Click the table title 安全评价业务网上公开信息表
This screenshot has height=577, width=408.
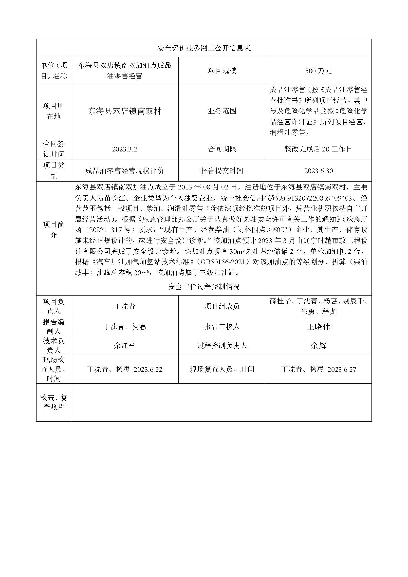(x=204, y=48)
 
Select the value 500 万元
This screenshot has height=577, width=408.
(x=318, y=71)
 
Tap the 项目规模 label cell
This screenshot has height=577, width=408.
(x=222, y=71)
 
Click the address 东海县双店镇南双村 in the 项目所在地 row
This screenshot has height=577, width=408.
(x=125, y=111)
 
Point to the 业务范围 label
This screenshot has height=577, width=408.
(x=222, y=111)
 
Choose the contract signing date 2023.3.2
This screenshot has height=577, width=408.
(x=125, y=149)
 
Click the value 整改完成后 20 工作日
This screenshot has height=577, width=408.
(x=318, y=149)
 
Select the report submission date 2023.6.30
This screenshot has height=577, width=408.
(x=318, y=171)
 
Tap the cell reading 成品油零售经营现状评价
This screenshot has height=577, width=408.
(x=125, y=171)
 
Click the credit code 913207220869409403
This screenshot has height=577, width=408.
(x=319, y=198)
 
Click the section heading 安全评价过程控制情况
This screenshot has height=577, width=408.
(x=204, y=287)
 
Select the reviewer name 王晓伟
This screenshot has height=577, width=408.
(x=318, y=327)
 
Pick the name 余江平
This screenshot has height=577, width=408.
(x=125, y=346)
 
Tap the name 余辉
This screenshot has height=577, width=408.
(x=318, y=346)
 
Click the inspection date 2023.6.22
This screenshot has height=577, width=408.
(x=148, y=370)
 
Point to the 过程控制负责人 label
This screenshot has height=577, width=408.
(x=222, y=346)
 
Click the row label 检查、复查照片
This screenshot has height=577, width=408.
(x=54, y=402)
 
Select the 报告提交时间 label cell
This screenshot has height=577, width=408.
(x=222, y=171)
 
